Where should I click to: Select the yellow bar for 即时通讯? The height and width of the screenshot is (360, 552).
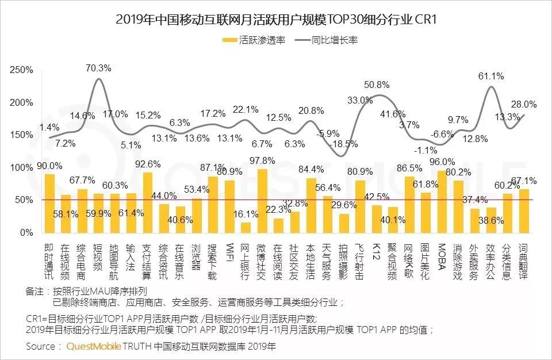(x=50, y=203)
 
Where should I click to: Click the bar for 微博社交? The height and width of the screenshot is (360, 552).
(x=262, y=201)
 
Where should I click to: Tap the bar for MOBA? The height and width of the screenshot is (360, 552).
(x=442, y=201)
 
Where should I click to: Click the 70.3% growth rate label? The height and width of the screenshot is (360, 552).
(x=98, y=67)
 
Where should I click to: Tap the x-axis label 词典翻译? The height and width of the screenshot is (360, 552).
(x=524, y=261)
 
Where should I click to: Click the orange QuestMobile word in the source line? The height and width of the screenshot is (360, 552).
(x=94, y=347)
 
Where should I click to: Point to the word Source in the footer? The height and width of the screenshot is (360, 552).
(x=41, y=347)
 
